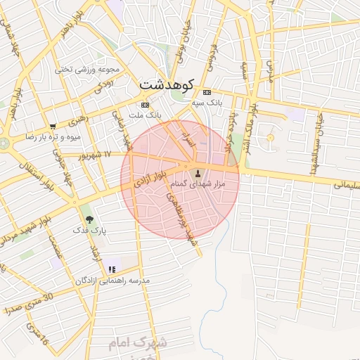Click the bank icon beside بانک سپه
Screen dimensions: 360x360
pyautogui.click(x=207, y=93)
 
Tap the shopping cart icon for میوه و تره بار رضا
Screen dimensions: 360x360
pyautogui.click(x=53, y=127)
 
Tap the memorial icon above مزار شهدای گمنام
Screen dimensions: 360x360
pyautogui.click(x=197, y=173)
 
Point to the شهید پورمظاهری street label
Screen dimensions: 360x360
pyautogui.click(x=179, y=218)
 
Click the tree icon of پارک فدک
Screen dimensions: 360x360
pyautogui.click(x=89, y=219)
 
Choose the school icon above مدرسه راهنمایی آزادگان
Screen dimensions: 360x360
pyautogui.click(x=112, y=269)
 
